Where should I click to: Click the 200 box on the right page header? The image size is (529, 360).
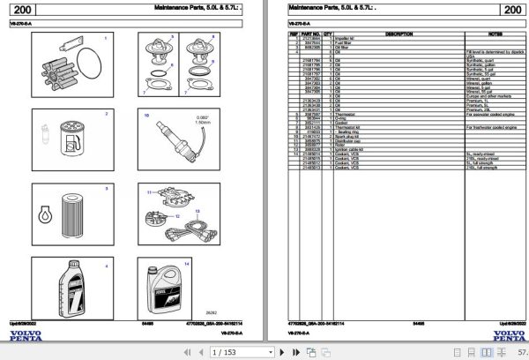[511, 10]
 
